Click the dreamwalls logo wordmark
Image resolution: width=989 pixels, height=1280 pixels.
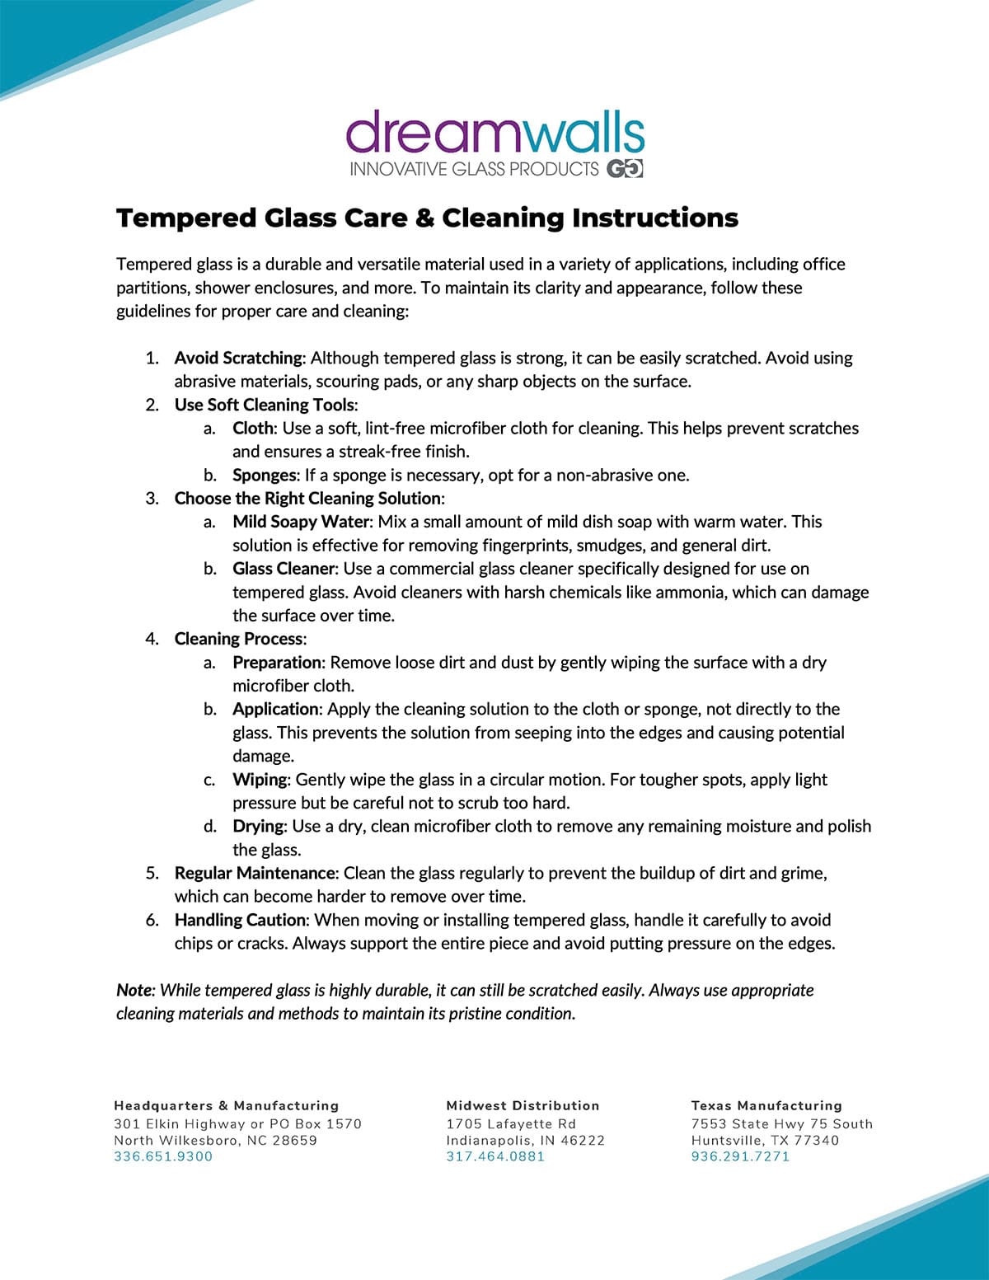coord(494,134)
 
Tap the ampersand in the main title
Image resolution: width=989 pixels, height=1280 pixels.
coord(424,218)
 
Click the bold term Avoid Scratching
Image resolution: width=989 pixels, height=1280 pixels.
coord(238,358)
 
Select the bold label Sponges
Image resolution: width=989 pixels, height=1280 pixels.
coord(264,475)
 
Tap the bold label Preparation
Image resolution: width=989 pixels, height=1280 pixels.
coord(277,663)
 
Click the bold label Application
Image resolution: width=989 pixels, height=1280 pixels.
coord(275,709)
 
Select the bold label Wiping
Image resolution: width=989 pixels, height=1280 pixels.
coord(260,780)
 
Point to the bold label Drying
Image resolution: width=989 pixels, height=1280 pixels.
coord(258,826)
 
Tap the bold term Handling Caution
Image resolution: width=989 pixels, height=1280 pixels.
coord(241,920)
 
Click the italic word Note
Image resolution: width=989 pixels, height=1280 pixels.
coord(134,990)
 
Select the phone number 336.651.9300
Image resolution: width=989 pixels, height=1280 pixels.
coord(163,1156)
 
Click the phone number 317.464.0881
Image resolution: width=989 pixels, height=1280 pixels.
coord(495,1156)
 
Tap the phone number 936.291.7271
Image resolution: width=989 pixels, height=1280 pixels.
coord(740,1156)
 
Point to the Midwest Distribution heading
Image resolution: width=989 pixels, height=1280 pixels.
coord(523,1105)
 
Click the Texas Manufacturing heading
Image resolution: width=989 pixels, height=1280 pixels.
coord(766,1105)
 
